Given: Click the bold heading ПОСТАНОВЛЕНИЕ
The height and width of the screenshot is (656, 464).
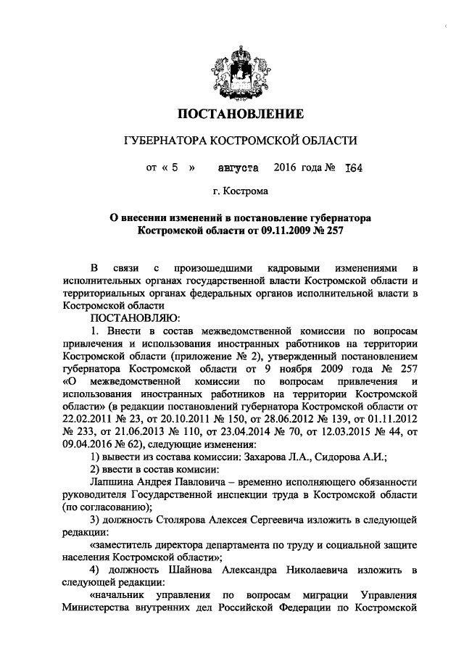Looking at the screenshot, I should tap(239, 114).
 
